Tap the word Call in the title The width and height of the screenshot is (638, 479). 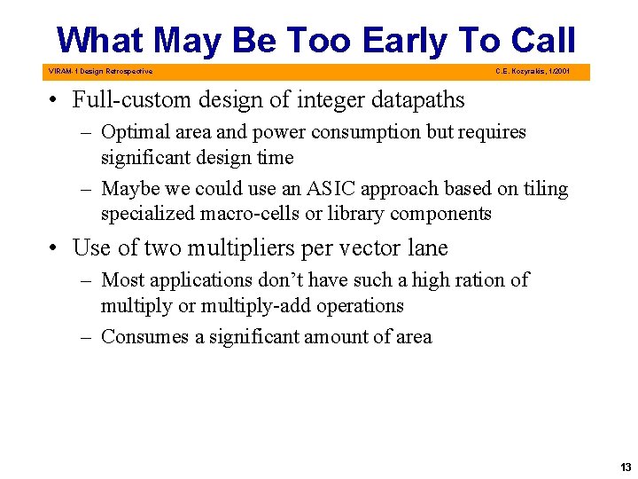[x=543, y=41]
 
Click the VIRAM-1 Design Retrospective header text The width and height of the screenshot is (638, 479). [x=99, y=71]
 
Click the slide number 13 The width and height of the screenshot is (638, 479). [x=626, y=467]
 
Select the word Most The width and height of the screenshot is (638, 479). [x=122, y=279]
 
